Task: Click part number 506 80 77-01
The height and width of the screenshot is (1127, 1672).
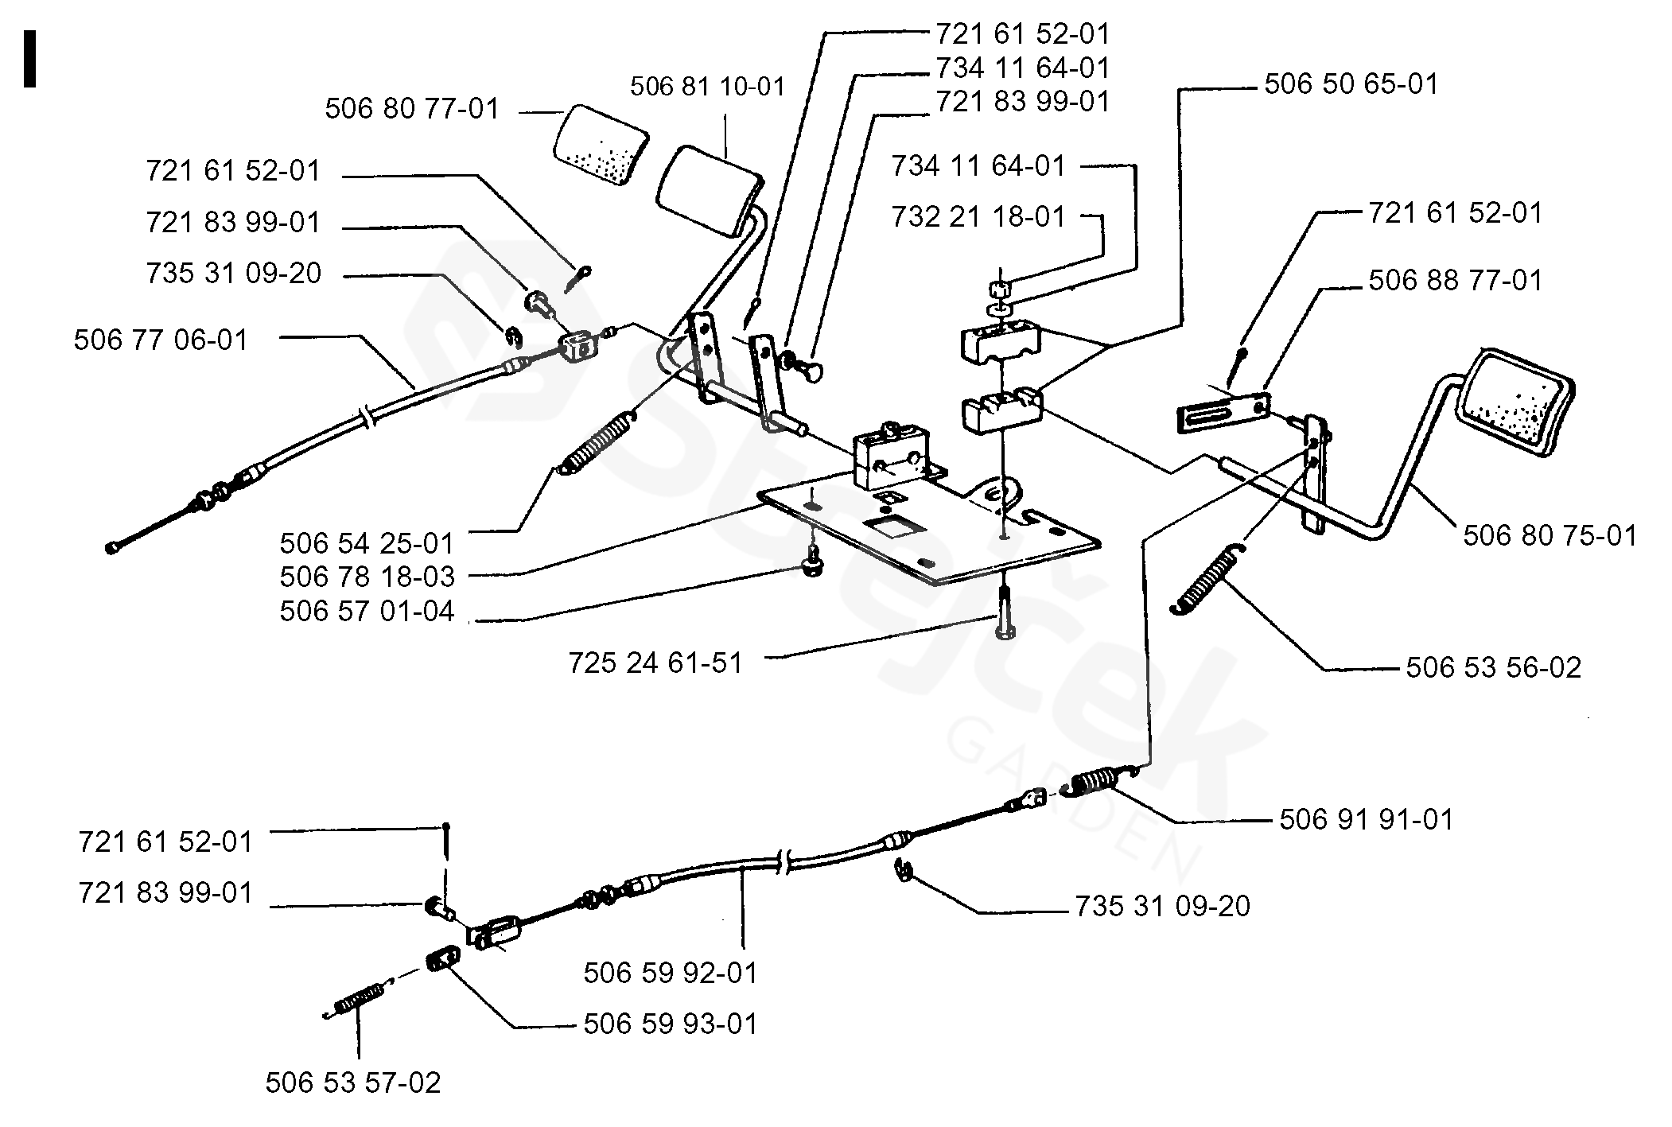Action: pyautogui.click(x=412, y=109)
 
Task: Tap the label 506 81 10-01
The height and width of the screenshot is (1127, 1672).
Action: pyautogui.click(x=707, y=87)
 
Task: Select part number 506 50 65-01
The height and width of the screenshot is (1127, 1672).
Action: pyautogui.click(x=1351, y=84)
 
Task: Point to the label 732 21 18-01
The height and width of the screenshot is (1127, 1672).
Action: pyautogui.click(x=978, y=216)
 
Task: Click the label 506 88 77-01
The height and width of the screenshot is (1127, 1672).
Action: pyautogui.click(x=1455, y=280)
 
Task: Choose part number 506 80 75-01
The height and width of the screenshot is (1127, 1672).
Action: pyautogui.click(x=1550, y=536)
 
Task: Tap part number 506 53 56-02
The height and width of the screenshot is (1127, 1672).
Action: pyautogui.click(x=1493, y=667)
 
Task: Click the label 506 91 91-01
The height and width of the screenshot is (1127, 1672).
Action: pyautogui.click(x=1366, y=820)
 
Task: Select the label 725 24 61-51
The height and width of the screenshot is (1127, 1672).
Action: pyautogui.click(x=655, y=663)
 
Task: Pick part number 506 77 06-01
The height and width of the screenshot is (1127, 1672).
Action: pyautogui.click(x=161, y=340)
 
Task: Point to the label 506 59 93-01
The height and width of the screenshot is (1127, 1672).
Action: pyautogui.click(x=671, y=1024)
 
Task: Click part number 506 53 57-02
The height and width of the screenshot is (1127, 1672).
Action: pyautogui.click(x=352, y=1082)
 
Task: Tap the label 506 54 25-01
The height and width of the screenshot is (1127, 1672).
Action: pyautogui.click(x=367, y=543)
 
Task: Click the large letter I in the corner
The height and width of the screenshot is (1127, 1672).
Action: pyautogui.click(x=30, y=59)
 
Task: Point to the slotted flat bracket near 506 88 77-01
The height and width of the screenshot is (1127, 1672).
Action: pyautogui.click(x=1221, y=414)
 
